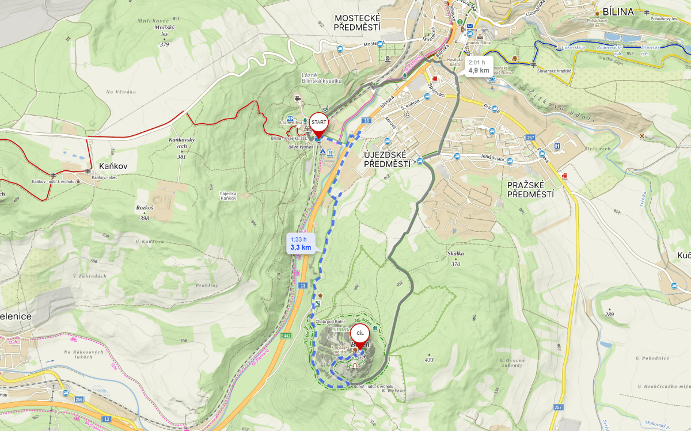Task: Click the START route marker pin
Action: [x=318, y=123]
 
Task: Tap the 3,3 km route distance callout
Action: [x=301, y=243]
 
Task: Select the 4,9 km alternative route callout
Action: [x=479, y=66]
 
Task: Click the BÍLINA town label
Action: [x=617, y=12]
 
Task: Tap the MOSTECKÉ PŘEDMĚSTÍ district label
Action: [x=358, y=22]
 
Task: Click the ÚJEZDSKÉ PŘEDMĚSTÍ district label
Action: [x=386, y=159]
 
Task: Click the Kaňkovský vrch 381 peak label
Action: [x=182, y=147]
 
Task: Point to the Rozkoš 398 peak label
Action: [x=145, y=212]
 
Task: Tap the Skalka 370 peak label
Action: [x=455, y=258]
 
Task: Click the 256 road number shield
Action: [x=79, y=399]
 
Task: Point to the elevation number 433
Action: [x=429, y=360]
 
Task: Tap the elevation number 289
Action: [x=609, y=314]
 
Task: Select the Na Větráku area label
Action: [x=121, y=92]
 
